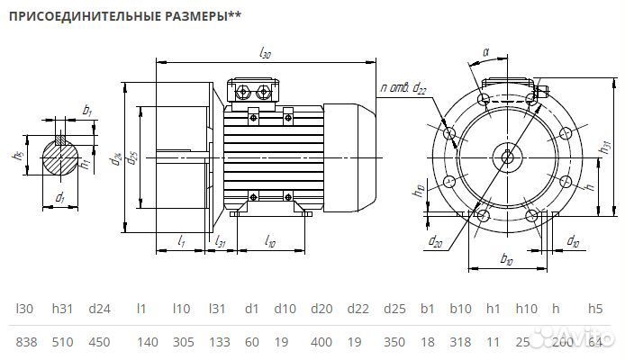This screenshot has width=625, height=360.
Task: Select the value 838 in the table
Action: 27,342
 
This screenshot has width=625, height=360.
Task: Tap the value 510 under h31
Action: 63,342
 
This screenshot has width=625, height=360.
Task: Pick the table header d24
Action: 99,309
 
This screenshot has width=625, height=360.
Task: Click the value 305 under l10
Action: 181,342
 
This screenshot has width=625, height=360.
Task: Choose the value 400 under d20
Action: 321,342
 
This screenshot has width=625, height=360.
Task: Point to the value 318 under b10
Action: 460,342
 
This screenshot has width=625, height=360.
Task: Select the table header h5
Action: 595,309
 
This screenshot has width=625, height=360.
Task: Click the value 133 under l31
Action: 219,342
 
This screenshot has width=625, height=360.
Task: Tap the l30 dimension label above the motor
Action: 266,54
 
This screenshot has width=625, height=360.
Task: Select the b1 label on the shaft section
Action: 86,110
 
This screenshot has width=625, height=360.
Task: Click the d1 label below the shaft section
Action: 60,196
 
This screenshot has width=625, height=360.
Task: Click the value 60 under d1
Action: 251,342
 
